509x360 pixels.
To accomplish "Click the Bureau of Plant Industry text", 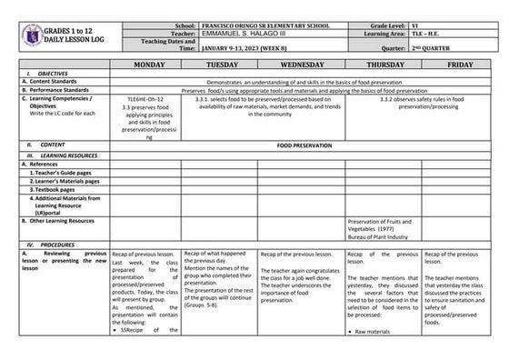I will point(380,235).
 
